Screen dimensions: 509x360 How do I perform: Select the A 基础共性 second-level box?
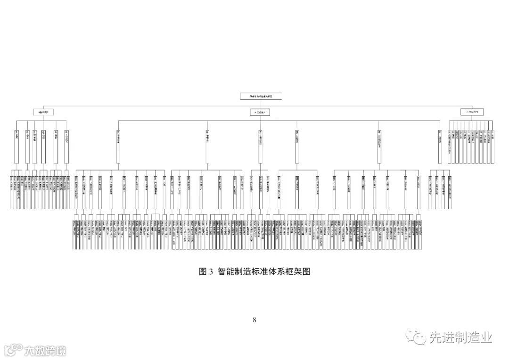[x=43, y=112]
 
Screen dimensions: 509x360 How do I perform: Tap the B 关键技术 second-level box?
[x=259, y=112]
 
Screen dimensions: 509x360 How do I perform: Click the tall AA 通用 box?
[x=16, y=145]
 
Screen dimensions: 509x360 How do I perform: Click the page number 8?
[x=254, y=320]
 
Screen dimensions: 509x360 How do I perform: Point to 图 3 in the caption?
[x=206, y=271]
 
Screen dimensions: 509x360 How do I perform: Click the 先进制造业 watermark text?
[x=460, y=337]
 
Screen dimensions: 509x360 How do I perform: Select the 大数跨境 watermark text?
[x=45, y=350]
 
